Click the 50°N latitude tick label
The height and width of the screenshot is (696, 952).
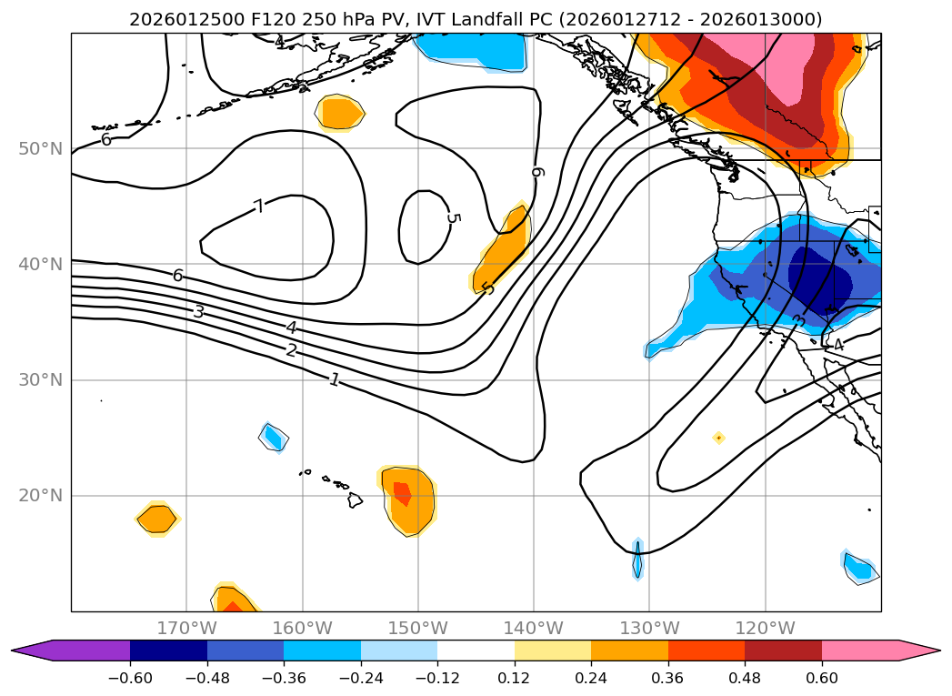coord(41,148)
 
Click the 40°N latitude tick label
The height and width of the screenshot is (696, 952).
coord(41,264)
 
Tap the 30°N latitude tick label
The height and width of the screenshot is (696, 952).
coord(41,379)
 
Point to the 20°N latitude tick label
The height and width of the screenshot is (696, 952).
coord(41,496)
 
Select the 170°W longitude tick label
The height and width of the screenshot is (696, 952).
coord(186,628)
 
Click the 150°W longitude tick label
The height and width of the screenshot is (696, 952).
coord(418,628)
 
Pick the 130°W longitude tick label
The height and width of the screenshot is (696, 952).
coord(650,628)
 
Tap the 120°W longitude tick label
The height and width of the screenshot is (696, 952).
coord(766,628)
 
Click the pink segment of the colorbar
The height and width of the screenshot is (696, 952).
coord(860,650)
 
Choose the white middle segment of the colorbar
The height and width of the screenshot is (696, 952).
coord(476,650)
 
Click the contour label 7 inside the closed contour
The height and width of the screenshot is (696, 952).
coord(259,207)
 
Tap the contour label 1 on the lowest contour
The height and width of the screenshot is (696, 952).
coord(335,379)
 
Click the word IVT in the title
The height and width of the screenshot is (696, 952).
coord(431,19)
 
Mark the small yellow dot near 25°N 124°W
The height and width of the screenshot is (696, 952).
coord(718,438)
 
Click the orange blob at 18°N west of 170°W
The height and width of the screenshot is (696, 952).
coord(158,519)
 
